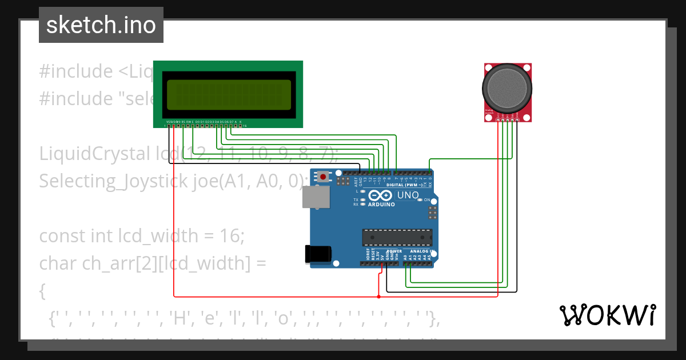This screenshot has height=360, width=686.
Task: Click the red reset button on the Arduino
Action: [x=324, y=177]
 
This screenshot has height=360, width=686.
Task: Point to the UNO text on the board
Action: [x=408, y=195]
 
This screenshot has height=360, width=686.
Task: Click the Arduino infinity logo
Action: [x=381, y=195]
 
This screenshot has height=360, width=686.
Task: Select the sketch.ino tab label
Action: [x=101, y=25]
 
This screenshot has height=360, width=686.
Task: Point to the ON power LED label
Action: [x=427, y=199]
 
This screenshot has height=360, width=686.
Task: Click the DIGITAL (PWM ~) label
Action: [x=405, y=185]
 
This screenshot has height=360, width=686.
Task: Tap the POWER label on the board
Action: [x=394, y=251]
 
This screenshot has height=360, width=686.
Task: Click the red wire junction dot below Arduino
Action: [x=378, y=297]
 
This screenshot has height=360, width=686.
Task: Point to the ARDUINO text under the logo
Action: [x=381, y=204]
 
